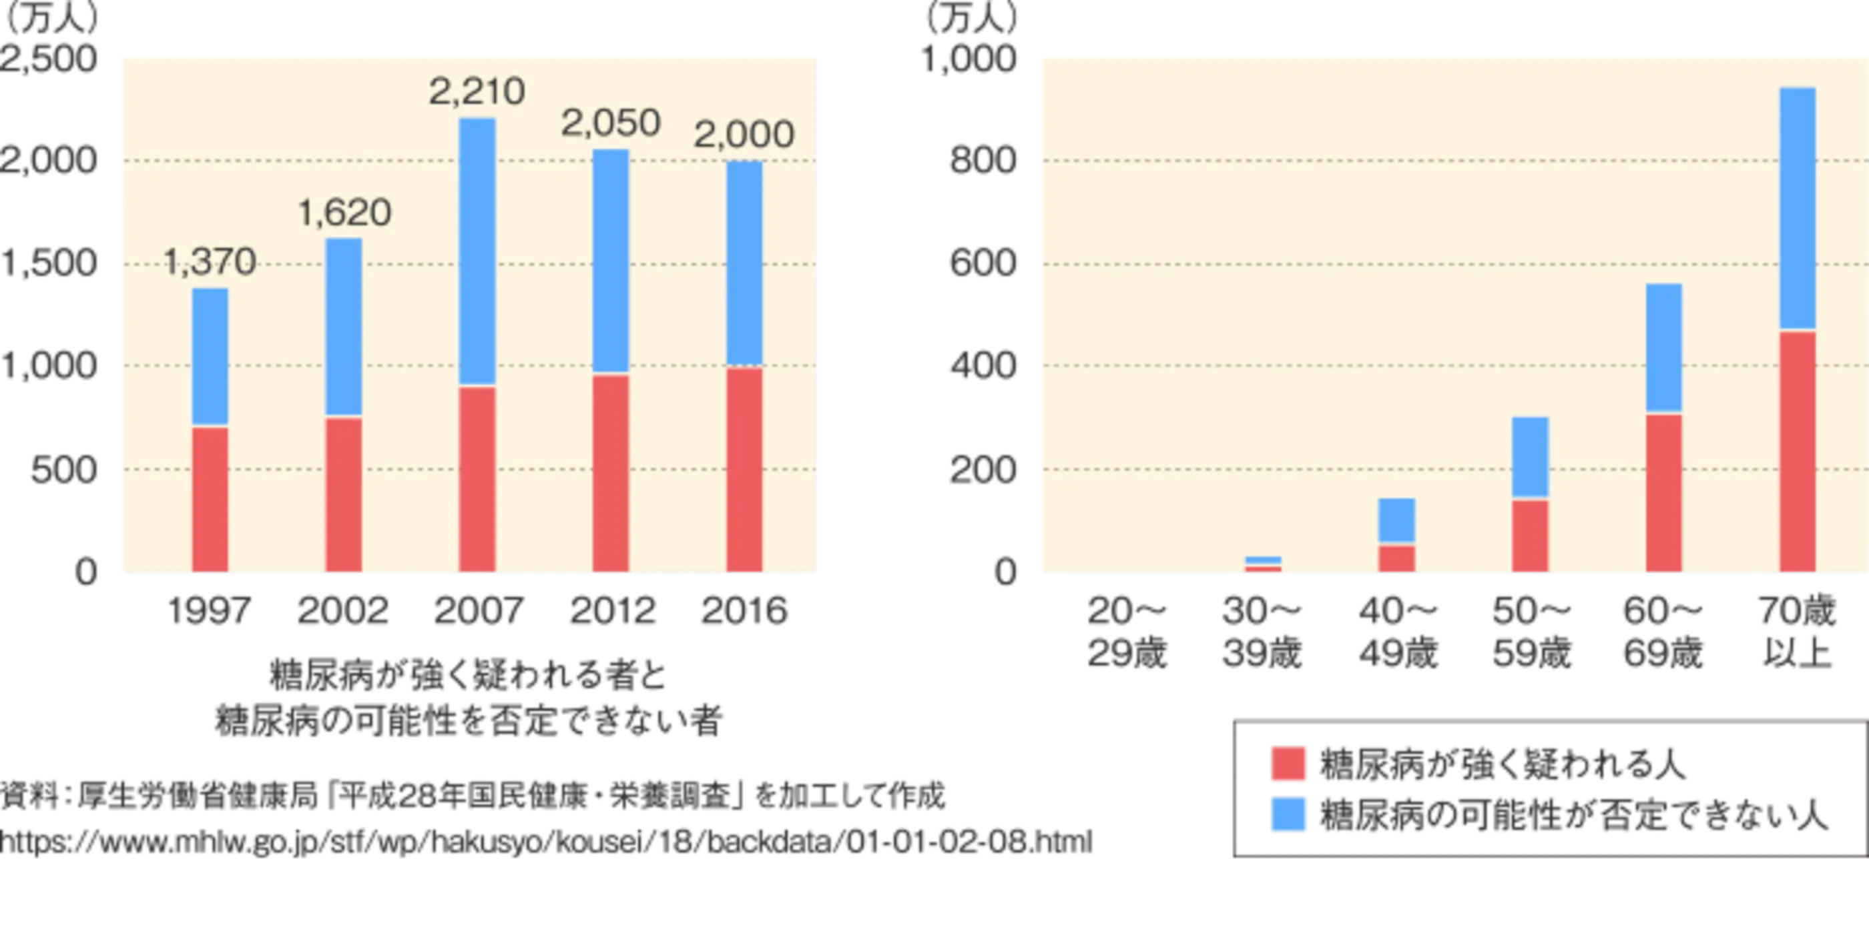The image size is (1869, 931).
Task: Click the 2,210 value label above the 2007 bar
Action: pos(477,91)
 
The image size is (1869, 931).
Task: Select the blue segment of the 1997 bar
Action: pos(210,356)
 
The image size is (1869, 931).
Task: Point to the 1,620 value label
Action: pos(344,213)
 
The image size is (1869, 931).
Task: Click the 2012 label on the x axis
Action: pos(612,610)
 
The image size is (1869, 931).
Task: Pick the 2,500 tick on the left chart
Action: pos(48,58)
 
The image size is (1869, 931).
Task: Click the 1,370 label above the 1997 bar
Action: pos(210,261)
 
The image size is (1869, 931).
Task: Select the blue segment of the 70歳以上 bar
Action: pos(1798,209)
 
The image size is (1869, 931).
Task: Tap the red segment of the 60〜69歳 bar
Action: pos(1663,493)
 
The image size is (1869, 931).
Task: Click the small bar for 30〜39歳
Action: pos(1263,564)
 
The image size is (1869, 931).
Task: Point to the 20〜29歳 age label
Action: pos(1127,632)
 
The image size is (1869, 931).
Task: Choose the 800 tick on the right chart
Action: pos(983,160)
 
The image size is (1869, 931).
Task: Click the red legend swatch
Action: pos(1288,764)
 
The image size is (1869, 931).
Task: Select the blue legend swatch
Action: pos(1288,814)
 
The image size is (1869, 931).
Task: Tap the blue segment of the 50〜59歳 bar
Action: pos(1530,457)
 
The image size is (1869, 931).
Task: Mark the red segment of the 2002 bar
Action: pos(344,494)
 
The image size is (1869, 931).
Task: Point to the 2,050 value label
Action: pos(611,123)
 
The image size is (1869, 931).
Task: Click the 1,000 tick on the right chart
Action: pos(969,59)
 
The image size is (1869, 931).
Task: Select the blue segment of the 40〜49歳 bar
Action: pos(1396,521)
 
